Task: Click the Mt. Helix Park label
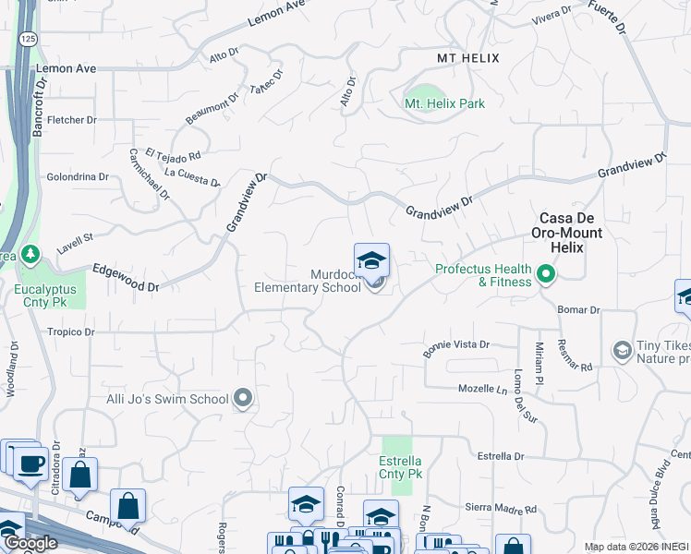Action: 444,103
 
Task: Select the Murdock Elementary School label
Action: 308,280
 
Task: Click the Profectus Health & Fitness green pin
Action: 546,274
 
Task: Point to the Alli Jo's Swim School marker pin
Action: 244,399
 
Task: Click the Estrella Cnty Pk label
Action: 401,467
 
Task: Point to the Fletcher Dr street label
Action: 72,120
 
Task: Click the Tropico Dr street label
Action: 71,331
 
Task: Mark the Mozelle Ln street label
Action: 483,389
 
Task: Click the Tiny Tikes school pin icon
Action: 623,350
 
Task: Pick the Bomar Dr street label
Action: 580,310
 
